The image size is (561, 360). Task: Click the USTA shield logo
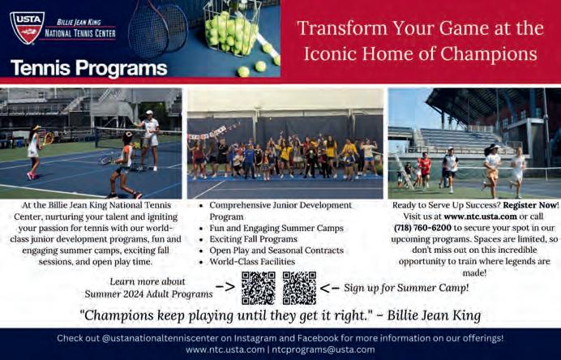28,28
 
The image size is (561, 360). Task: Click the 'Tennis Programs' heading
89,68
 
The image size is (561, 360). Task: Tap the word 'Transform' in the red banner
341,28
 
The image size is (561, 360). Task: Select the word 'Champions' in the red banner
489,54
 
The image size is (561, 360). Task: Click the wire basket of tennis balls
232,28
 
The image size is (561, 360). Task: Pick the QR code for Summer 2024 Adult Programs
259,288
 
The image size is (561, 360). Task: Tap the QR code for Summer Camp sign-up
299,288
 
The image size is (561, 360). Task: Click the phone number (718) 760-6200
422,228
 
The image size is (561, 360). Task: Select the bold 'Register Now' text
529,205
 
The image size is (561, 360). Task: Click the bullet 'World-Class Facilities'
252,262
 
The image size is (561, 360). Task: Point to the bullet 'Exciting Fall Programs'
253,239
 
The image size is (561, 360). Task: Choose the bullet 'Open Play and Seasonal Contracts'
276,251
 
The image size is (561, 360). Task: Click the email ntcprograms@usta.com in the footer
323,349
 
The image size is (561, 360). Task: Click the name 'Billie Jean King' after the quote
434,315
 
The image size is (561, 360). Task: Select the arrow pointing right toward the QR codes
225,287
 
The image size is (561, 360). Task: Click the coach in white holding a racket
150,140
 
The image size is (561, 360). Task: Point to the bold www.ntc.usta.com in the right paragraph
480,216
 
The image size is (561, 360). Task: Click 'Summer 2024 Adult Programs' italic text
148,294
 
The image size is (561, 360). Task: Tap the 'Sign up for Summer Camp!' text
406,288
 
